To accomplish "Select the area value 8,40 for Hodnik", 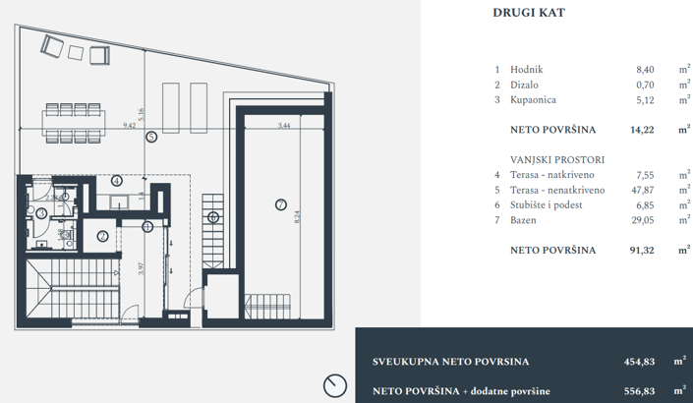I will (x=646, y=70).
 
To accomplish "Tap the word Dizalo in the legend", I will (x=526, y=85).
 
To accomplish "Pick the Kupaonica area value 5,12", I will (x=646, y=99).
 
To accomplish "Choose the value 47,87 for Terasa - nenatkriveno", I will (x=643, y=190).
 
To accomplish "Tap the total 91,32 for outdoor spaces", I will (x=643, y=251).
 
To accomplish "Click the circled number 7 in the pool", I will (x=280, y=204).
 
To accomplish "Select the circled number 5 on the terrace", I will (x=151, y=138).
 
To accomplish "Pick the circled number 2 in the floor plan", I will (x=103, y=236).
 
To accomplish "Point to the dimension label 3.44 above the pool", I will (x=283, y=126).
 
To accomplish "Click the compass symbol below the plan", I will (x=334, y=385).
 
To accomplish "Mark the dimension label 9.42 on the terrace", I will (x=129, y=126).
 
